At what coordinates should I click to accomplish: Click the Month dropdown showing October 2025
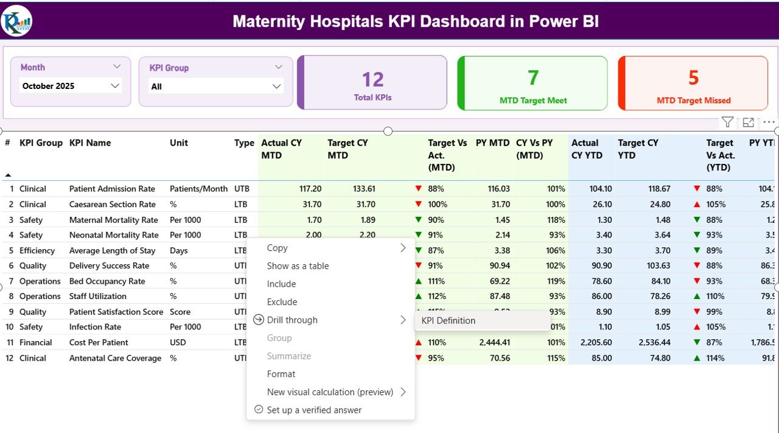tap(71, 86)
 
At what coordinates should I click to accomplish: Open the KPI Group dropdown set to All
tap(216, 86)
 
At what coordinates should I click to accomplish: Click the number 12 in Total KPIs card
tap(372, 80)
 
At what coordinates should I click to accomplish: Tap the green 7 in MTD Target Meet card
tap(533, 78)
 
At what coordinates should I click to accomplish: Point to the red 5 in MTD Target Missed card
tap(694, 78)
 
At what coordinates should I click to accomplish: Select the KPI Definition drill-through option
tap(449, 320)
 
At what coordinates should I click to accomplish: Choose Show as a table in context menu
tap(298, 266)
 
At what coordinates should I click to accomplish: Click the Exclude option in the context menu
tap(282, 301)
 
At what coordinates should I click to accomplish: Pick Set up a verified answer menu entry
tap(314, 410)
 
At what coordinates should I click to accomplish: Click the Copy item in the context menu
tap(277, 248)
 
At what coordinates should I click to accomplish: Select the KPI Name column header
tap(90, 143)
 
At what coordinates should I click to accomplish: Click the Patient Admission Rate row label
tap(112, 189)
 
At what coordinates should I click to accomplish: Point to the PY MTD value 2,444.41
tap(494, 342)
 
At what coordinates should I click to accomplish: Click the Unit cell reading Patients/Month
tap(198, 189)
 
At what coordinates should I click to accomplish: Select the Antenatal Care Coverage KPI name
tap(115, 358)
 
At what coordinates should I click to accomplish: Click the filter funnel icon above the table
tap(727, 122)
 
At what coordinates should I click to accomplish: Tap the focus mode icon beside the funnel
tap(749, 122)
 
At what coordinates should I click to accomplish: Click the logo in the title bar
tap(17, 21)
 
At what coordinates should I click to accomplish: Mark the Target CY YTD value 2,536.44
tap(655, 342)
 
